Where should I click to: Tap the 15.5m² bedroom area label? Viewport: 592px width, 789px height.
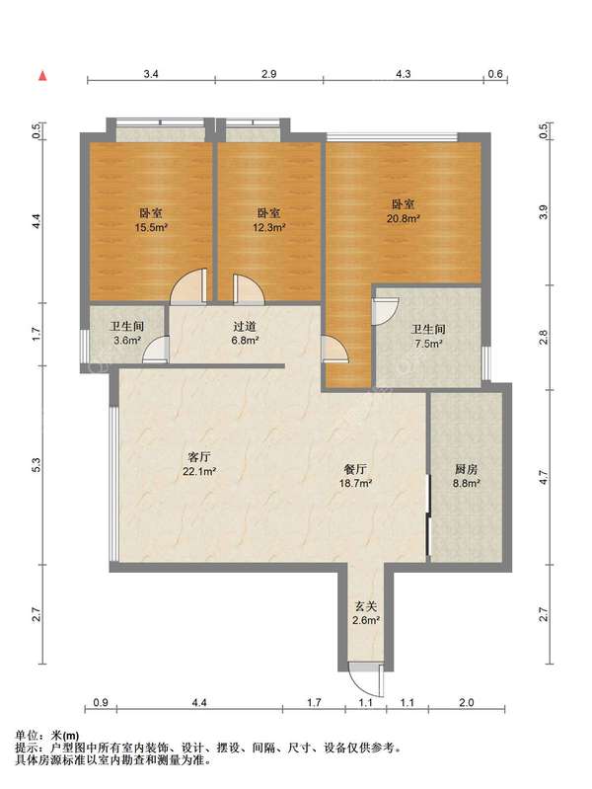coord(151,220)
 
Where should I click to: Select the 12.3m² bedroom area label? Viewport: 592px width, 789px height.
coord(269,220)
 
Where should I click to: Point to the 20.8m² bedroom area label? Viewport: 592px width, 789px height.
coord(404,211)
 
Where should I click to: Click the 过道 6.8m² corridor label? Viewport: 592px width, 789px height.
coord(245,334)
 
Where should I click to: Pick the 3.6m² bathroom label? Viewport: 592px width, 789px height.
coord(126,334)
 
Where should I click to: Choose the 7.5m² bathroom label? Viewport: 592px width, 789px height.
coord(428,337)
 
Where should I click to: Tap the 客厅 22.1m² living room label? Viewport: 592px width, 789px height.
coord(199,464)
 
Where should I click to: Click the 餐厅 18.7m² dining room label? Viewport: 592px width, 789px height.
coord(355,477)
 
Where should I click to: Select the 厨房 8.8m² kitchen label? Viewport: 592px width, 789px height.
coord(466,477)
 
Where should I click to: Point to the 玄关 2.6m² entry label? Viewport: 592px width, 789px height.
coord(366,613)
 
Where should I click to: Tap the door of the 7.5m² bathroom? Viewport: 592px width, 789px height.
coord(385,311)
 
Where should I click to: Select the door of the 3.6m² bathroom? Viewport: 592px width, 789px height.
coord(156,350)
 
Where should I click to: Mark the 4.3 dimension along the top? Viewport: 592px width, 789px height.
coord(403,74)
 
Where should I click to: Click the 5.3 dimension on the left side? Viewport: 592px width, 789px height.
coord(36,464)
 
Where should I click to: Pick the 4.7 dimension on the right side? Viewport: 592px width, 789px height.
coord(544,477)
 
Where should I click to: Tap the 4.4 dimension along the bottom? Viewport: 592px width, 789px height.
coord(199,702)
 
